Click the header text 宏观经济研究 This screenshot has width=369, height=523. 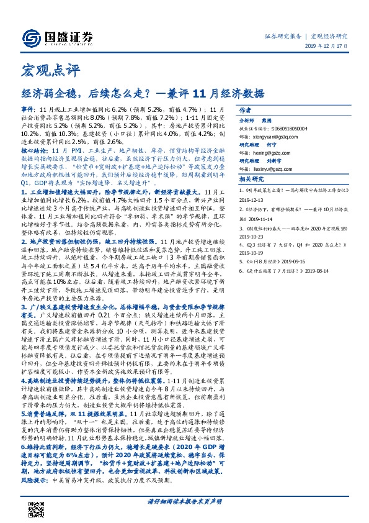(329, 36)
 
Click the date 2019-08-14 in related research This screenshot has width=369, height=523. (333, 271)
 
